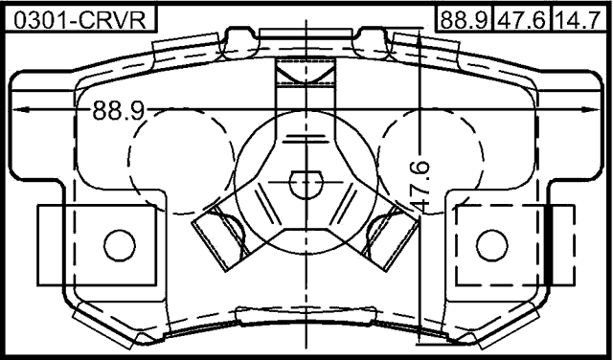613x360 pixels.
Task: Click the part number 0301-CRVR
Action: coord(80,16)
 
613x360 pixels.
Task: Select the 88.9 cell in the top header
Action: coord(462,16)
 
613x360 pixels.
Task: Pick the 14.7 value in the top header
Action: coord(579,16)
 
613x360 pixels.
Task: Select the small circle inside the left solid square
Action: coord(120,244)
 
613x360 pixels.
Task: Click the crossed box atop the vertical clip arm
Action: coord(305,72)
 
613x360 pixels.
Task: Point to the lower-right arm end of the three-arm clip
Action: coord(388,235)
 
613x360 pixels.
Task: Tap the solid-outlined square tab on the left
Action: coord(96,244)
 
